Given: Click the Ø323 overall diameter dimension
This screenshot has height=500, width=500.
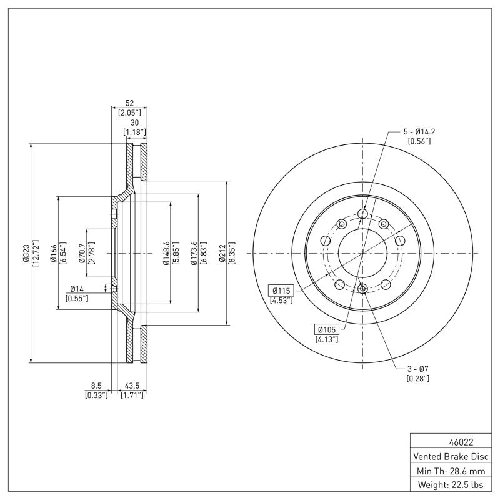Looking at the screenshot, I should (x=26, y=253).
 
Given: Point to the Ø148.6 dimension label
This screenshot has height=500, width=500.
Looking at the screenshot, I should (x=167, y=253).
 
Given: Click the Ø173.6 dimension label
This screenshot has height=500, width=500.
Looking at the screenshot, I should (x=194, y=253).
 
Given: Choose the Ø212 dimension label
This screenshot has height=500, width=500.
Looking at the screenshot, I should (x=222, y=253).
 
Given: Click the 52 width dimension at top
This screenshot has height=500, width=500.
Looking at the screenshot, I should (x=129, y=104).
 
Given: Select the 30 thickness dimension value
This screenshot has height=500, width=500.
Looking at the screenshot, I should (x=134, y=123).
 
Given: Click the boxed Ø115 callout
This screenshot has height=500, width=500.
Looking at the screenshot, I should (x=281, y=291).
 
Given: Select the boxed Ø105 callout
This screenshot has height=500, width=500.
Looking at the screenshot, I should (x=327, y=329).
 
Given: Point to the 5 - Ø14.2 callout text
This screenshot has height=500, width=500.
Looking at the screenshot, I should (x=419, y=132).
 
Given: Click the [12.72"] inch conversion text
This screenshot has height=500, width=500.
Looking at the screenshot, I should (x=36, y=253).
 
